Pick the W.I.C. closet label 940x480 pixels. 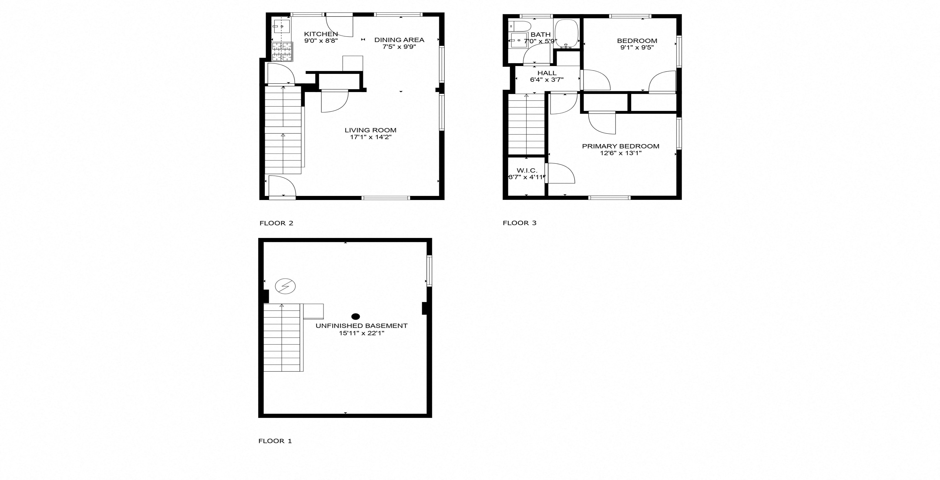(x=527, y=170)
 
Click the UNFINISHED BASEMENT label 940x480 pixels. (x=361, y=326)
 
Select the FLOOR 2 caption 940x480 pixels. (x=276, y=223)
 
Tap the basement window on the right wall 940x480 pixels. (x=429, y=271)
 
